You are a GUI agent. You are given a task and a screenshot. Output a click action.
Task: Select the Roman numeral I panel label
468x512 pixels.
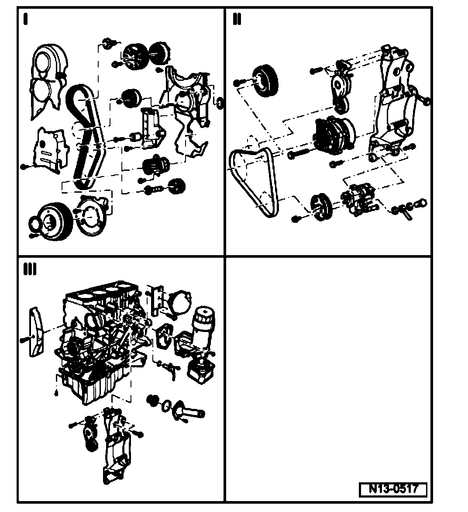[x=25, y=20]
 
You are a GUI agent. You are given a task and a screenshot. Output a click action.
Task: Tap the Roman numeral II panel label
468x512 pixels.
[x=237, y=20]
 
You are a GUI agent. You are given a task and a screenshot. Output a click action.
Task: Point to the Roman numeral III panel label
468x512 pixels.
[x=30, y=270]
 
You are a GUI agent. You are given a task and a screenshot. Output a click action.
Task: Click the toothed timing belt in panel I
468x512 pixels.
[x=85, y=135]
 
